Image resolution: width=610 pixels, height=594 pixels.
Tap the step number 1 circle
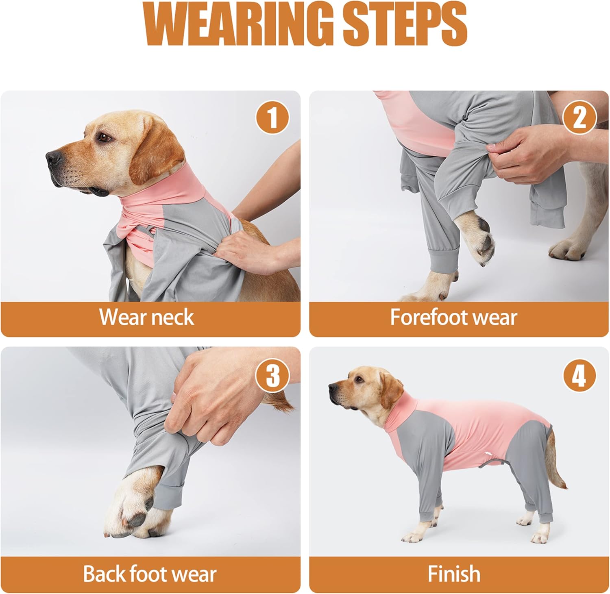tap(272, 117)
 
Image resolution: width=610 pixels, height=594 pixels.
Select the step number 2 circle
tap(579, 117)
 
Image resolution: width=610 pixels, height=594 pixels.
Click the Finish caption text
tap(454, 574)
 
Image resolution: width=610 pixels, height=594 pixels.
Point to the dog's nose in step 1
tap(53, 159)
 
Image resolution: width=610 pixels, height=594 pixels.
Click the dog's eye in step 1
tap(105, 137)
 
